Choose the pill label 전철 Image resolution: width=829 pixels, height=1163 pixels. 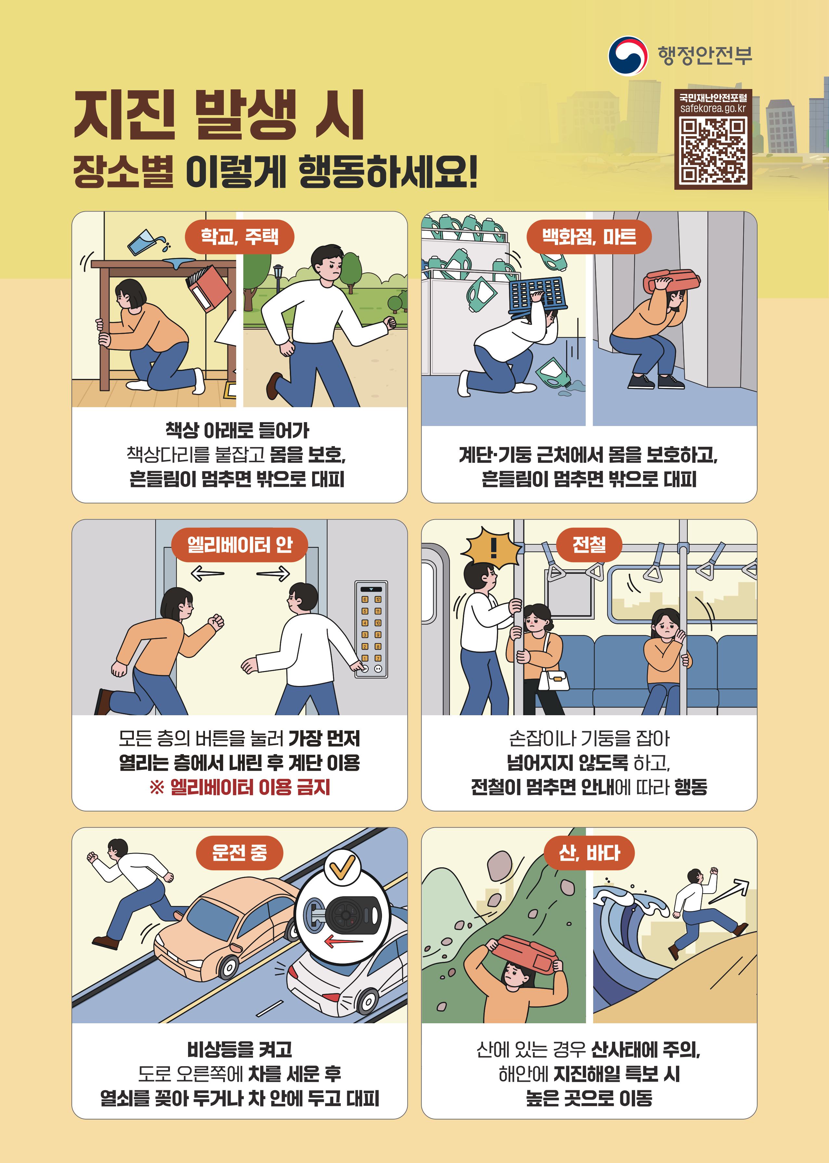pos(589,545)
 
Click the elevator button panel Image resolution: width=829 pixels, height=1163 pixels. pos(371,629)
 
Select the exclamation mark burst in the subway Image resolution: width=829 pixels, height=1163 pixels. pos(492,547)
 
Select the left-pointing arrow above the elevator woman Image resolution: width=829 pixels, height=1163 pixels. pos(207,574)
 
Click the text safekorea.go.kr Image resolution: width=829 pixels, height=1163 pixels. pos(713,108)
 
